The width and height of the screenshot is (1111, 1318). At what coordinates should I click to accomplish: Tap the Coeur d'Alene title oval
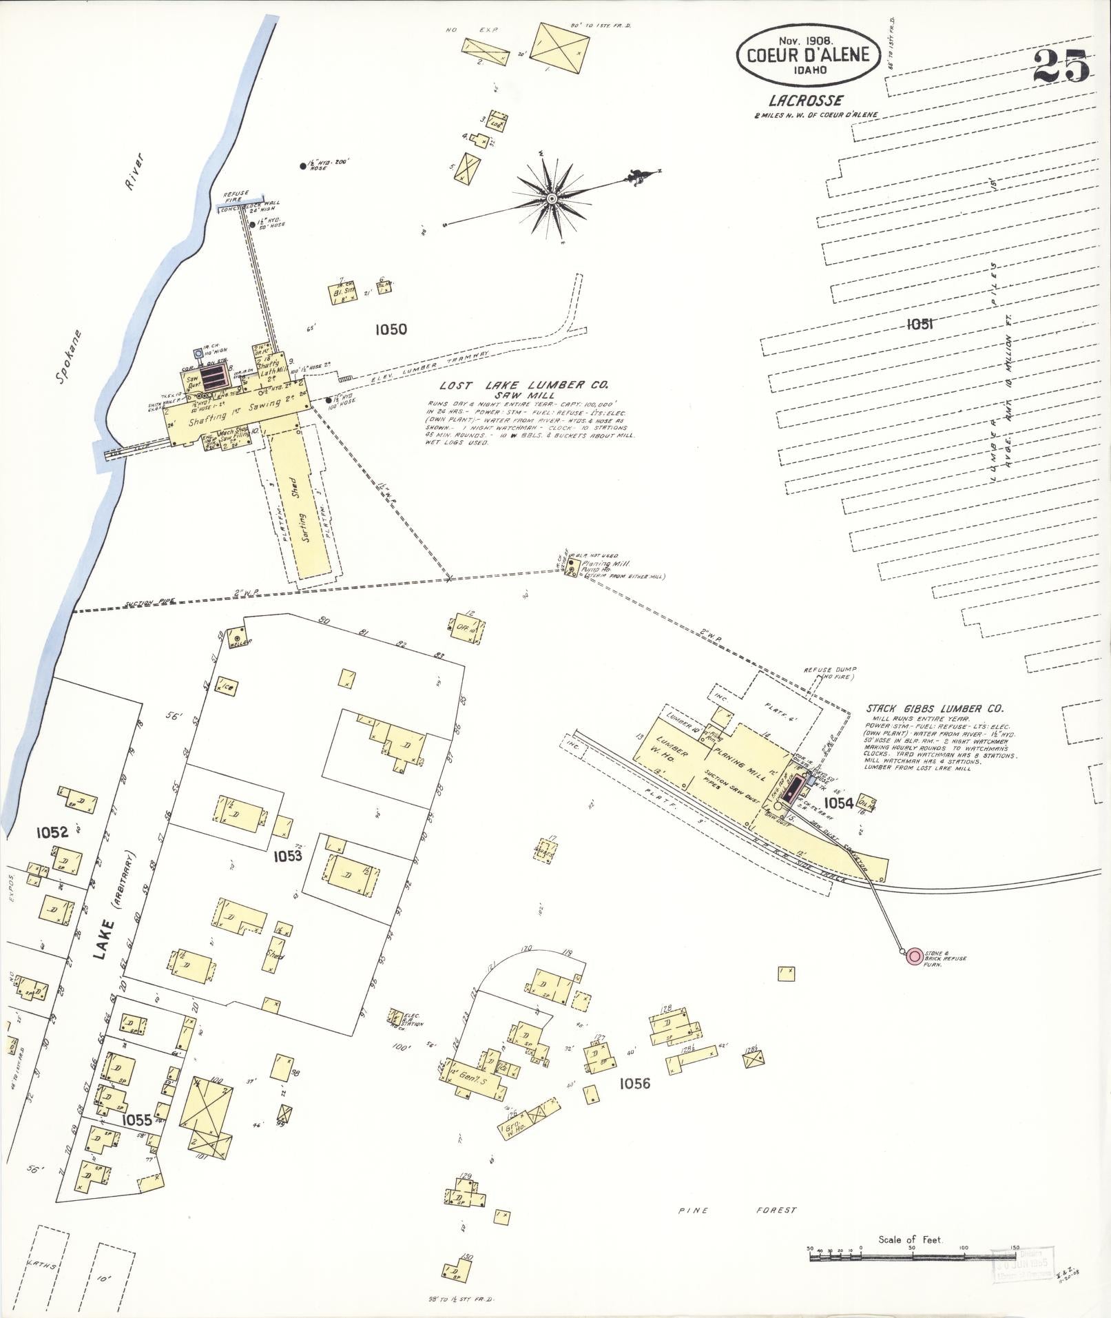[809, 54]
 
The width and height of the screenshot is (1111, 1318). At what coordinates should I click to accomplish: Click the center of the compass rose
[551, 199]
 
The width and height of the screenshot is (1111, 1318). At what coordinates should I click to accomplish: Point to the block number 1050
[391, 329]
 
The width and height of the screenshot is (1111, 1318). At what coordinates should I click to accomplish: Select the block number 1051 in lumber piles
[919, 324]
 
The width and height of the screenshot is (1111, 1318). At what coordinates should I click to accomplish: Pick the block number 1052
[52, 832]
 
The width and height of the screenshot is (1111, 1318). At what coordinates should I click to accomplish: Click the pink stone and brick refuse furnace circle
[914, 956]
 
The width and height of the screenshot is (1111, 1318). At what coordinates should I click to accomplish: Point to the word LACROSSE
[806, 101]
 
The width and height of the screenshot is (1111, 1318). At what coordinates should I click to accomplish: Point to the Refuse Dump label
[824, 670]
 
